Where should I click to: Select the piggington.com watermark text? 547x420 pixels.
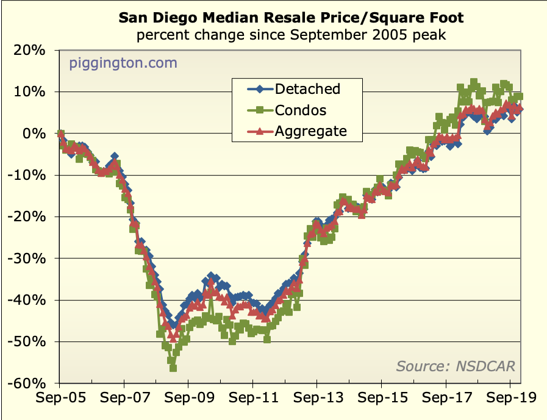click(123, 62)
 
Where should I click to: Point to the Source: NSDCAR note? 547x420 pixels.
click(456, 366)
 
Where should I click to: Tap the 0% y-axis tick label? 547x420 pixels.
click(34, 133)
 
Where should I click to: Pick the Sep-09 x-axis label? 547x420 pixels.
click(188, 398)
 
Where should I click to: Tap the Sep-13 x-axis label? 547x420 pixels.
click(316, 398)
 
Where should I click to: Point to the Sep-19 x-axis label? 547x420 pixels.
click(510, 398)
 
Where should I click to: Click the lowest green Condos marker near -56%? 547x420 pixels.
click(173, 368)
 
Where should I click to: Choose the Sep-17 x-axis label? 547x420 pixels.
click(446, 398)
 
